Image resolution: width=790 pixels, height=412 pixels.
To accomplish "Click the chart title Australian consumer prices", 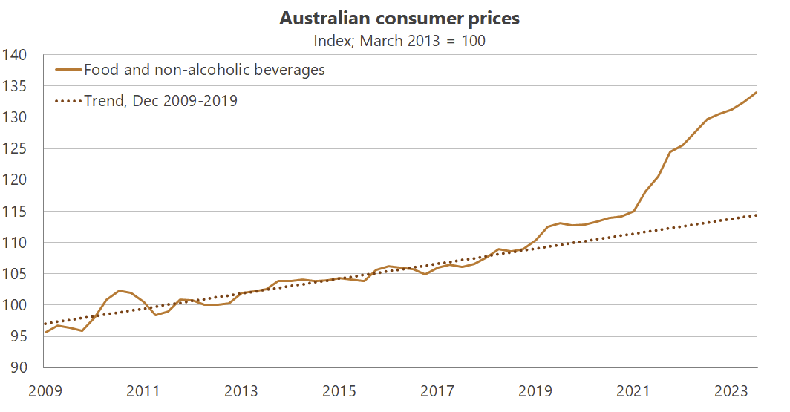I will [x=399, y=19].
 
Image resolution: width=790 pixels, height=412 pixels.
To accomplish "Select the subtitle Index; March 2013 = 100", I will [x=399, y=41].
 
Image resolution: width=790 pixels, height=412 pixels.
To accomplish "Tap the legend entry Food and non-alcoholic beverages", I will [x=204, y=71].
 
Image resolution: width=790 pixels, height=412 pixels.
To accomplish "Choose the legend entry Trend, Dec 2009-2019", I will [x=160, y=100].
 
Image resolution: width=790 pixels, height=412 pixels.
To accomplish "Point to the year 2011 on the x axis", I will [x=143, y=391].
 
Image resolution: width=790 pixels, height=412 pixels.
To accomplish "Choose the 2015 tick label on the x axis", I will [x=339, y=391].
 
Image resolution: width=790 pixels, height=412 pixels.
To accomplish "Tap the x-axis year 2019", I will [x=534, y=391].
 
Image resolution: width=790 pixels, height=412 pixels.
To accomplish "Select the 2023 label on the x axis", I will [x=730, y=391].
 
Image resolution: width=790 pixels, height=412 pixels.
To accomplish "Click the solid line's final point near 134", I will [x=757, y=92].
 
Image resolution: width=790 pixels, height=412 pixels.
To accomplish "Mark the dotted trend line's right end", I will [x=757, y=215].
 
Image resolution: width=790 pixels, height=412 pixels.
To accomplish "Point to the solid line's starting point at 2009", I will [x=45, y=332].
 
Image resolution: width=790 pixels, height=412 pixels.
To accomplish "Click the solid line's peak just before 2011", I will [x=119, y=290].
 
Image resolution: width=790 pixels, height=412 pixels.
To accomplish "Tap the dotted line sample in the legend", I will [x=68, y=100].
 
